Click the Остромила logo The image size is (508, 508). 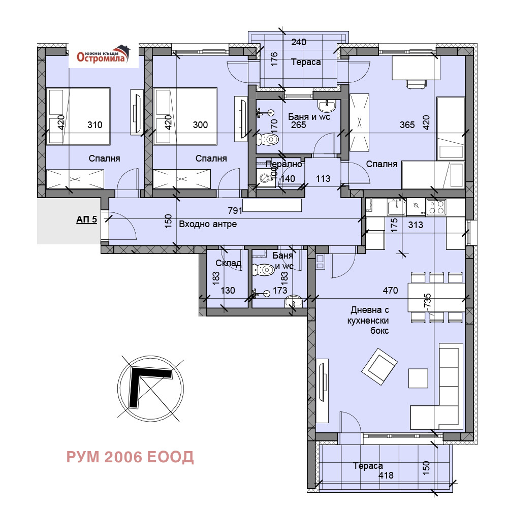103,55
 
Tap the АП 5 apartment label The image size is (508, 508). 86,219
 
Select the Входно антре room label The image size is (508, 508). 208,224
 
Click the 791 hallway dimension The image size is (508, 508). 235,211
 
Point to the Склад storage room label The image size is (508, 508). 229,263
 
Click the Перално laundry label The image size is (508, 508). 284,164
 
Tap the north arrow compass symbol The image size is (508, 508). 151,389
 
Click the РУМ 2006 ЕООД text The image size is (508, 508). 130,457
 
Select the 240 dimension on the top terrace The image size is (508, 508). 298,42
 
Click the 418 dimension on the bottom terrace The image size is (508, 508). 386,475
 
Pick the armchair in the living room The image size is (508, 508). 379,366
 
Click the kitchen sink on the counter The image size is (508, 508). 396,207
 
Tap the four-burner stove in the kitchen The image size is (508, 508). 436,207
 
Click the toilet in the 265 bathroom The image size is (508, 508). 268,140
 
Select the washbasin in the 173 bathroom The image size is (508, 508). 293,302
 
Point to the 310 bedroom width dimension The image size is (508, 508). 94,125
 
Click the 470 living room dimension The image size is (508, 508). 390,291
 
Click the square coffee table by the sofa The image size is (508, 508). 418,378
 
